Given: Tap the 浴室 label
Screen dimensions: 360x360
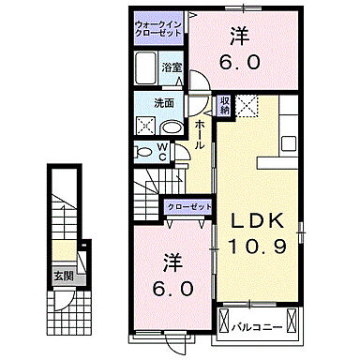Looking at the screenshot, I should coord(171,67).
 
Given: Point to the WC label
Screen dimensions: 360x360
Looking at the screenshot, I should coord(161,151).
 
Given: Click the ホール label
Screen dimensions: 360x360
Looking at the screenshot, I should coord(201,133).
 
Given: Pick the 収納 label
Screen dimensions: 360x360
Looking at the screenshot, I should coord(225,106).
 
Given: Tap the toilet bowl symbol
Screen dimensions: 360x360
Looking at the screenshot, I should coord(143,151).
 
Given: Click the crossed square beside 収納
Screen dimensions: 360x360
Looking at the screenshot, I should coord(248,107).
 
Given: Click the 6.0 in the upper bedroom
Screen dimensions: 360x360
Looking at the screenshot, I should coord(240,63).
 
